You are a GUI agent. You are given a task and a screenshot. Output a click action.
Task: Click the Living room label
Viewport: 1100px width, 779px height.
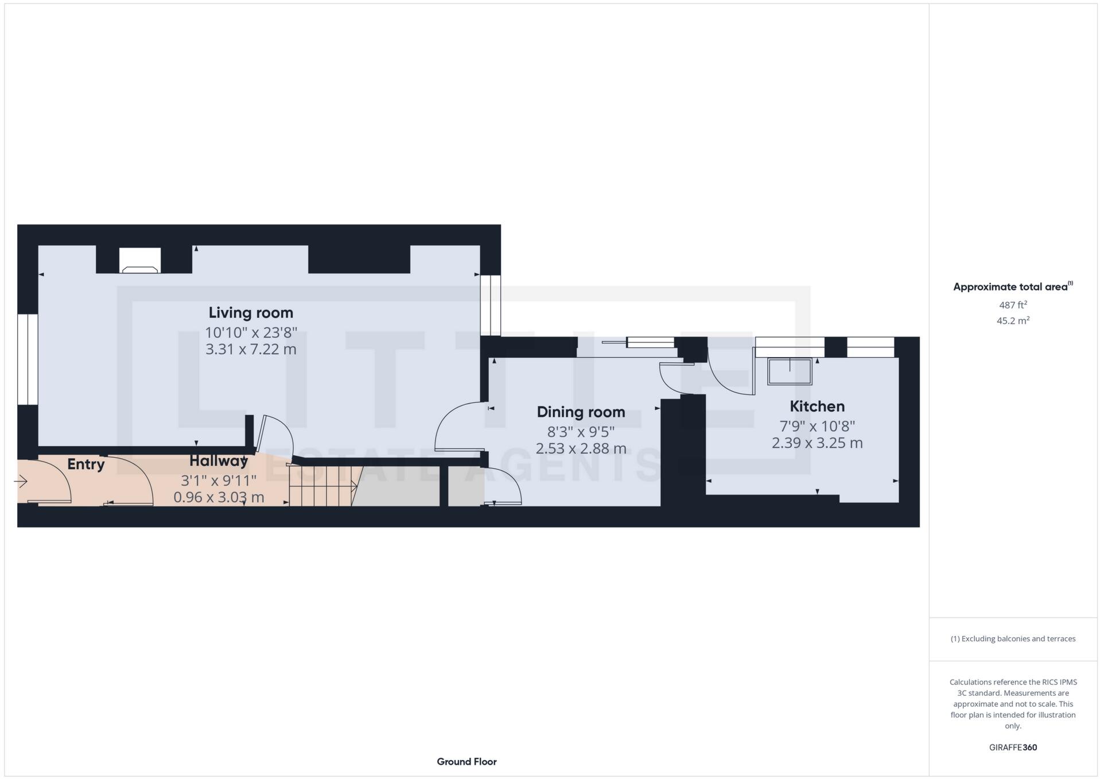(x=251, y=313)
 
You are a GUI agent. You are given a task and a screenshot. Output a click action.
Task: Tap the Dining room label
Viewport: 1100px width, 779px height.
(x=581, y=412)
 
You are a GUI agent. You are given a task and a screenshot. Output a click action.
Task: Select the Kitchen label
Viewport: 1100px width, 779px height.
(x=817, y=406)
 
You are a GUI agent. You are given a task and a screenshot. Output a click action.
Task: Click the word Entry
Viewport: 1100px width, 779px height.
(x=86, y=464)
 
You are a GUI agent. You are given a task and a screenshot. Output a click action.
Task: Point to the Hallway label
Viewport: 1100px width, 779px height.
(x=219, y=461)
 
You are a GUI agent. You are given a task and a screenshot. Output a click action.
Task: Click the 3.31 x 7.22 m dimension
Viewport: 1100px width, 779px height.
(x=251, y=349)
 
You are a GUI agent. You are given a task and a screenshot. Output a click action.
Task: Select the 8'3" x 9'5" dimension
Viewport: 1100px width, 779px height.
(x=581, y=432)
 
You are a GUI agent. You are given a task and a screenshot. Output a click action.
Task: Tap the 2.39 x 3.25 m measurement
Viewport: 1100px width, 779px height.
(x=817, y=443)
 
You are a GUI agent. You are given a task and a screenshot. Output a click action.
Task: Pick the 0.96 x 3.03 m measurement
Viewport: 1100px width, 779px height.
(x=219, y=497)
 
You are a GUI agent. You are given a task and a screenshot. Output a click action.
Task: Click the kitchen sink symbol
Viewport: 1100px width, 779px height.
(x=790, y=371)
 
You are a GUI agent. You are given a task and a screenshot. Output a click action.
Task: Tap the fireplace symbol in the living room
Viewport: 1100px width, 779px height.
(x=140, y=262)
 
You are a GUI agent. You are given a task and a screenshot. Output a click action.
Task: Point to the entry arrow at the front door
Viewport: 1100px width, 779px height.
(x=22, y=482)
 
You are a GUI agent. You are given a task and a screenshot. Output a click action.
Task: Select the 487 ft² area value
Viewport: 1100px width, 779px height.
(x=1013, y=305)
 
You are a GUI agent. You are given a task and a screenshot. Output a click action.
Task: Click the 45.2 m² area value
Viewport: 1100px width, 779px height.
(x=1013, y=321)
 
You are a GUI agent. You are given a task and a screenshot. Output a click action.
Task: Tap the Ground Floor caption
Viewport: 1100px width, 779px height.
(x=467, y=762)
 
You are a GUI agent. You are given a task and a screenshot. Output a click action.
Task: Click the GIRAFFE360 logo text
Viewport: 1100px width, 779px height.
(x=1013, y=747)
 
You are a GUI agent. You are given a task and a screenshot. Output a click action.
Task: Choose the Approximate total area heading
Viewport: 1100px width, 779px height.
(x=1013, y=287)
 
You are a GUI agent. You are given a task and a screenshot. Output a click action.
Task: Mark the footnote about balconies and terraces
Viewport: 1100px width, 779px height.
(x=1013, y=639)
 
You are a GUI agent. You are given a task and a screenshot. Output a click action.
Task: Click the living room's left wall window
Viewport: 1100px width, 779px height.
(x=28, y=359)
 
